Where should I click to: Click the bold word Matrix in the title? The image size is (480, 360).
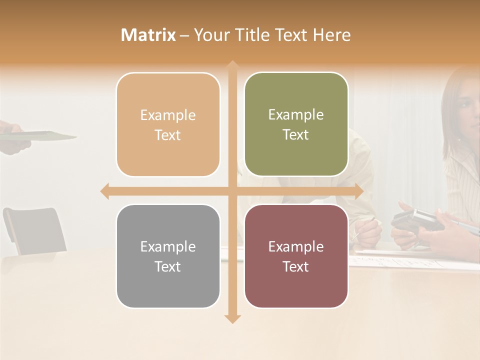[x=148, y=35]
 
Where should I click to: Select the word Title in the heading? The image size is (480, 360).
[x=256, y=35]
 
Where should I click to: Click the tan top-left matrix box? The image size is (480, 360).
[x=168, y=125]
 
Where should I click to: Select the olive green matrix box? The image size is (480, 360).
[x=296, y=124]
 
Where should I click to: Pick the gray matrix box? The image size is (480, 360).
[x=168, y=256]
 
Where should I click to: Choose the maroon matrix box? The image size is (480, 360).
[x=296, y=256]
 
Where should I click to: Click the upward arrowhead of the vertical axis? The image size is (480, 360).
[x=232, y=65]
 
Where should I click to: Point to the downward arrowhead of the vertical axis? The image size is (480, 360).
[x=232, y=318]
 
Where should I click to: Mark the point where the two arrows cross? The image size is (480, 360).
[x=232, y=191]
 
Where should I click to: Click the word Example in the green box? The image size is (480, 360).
[x=296, y=114]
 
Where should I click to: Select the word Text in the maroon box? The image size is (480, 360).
[x=296, y=266]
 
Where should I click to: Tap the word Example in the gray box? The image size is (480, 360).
[x=168, y=246]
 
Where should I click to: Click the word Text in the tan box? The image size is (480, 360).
[x=168, y=135]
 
